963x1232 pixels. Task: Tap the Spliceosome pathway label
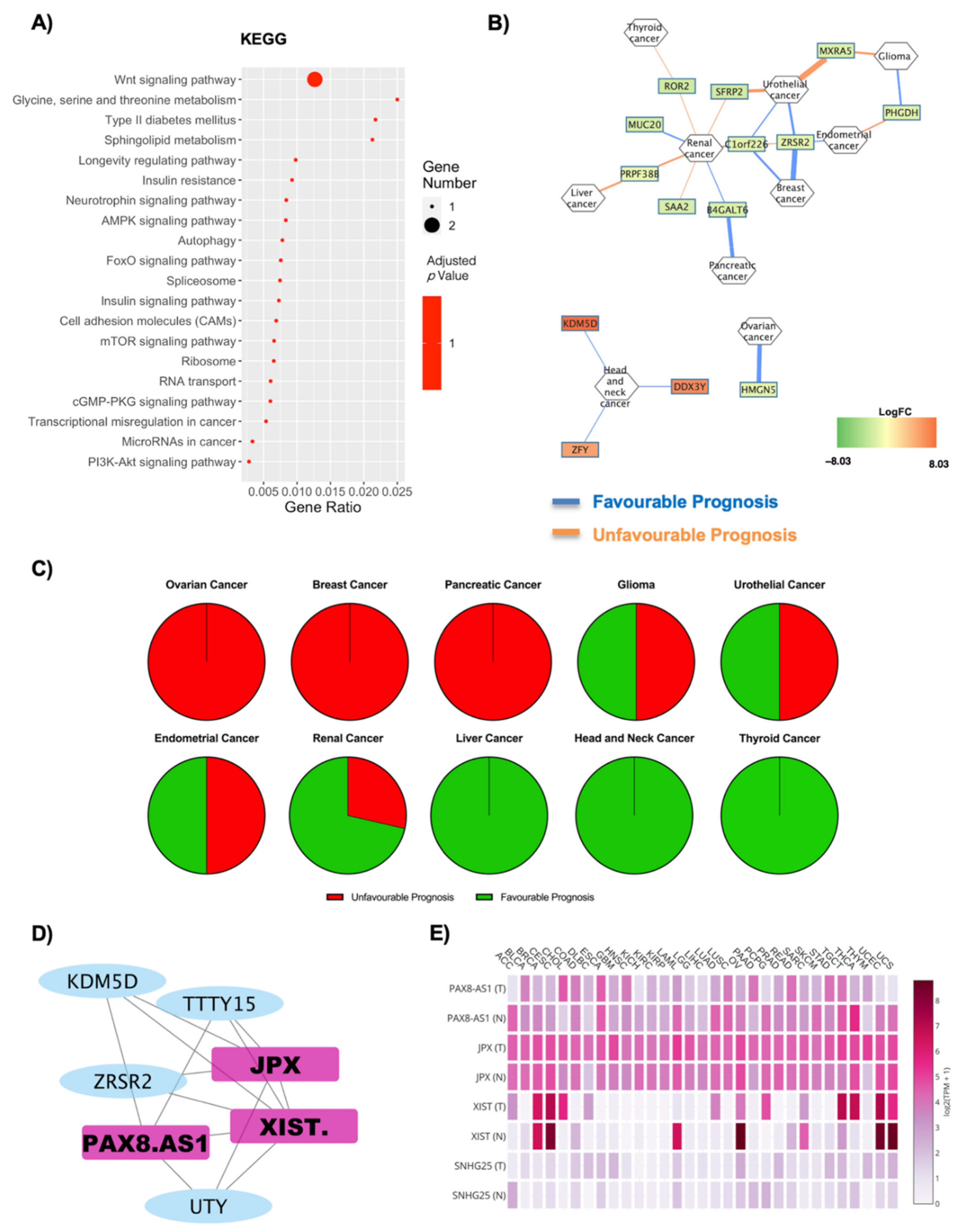click(201, 281)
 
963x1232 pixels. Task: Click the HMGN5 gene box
click(758, 389)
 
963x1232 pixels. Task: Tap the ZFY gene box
click(580, 450)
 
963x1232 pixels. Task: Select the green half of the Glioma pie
click(606, 662)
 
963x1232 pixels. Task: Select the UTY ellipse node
click(208, 1206)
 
